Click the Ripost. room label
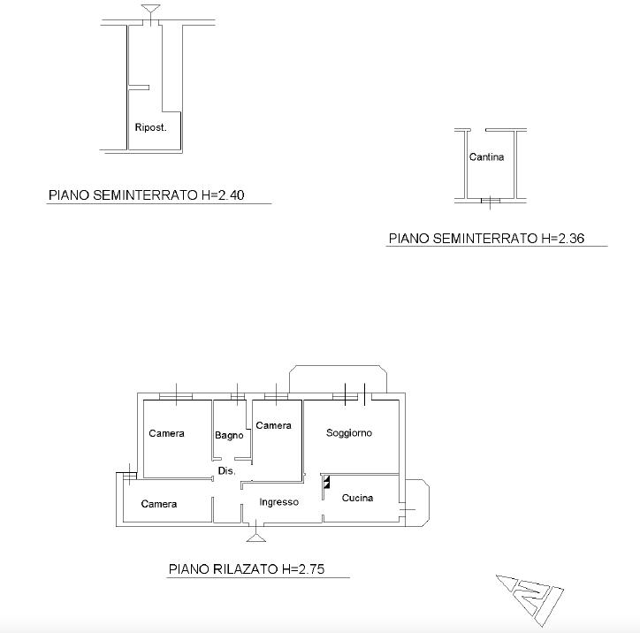click(x=150, y=127)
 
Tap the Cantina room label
click(x=486, y=156)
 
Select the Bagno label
click(x=229, y=436)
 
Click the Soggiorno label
click(x=349, y=433)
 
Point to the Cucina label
click(x=357, y=498)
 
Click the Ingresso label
click(x=278, y=502)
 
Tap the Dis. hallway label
click(x=226, y=471)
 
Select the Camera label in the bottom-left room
click(x=159, y=504)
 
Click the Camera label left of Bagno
click(x=166, y=433)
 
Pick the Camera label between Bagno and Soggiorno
click(x=273, y=425)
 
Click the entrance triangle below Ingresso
click(x=256, y=538)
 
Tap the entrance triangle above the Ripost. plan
click(x=150, y=10)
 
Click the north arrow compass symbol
click(x=530, y=599)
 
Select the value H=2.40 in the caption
click(x=223, y=195)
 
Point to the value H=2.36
click(x=563, y=239)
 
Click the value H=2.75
click(x=303, y=569)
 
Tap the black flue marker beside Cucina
click(x=326, y=482)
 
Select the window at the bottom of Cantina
click(x=491, y=201)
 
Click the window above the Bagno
click(x=238, y=396)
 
